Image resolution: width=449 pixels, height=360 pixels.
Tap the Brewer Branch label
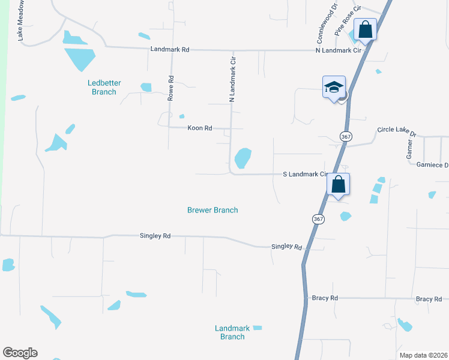click(x=212, y=210)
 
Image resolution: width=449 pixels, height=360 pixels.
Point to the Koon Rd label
click(x=200, y=128)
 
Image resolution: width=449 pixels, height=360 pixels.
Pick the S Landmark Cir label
click(x=304, y=175)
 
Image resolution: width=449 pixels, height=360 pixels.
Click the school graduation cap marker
click(x=334, y=88)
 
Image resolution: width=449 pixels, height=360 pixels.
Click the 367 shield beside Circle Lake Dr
click(x=345, y=137)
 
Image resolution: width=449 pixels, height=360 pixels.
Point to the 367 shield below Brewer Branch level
click(x=318, y=219)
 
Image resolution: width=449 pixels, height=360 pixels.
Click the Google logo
click(x=20, y=353)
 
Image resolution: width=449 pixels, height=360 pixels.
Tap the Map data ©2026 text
click(x=423, y=355)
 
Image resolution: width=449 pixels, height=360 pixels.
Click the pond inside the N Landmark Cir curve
click(x=243, y=158)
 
